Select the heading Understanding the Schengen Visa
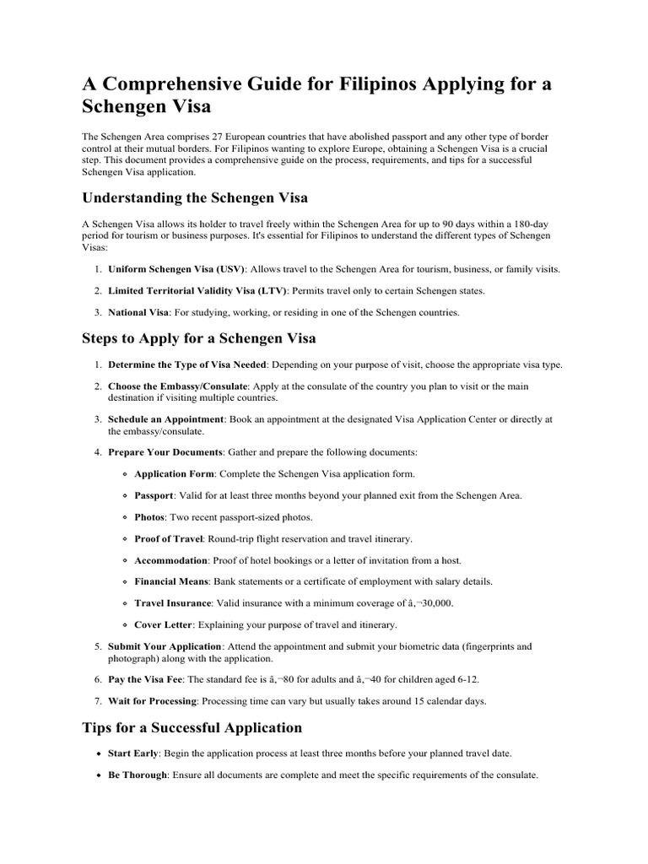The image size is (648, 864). coord(195,197)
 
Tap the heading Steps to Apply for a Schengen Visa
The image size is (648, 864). coord(199,338)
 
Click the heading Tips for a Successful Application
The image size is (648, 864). coord(192,726)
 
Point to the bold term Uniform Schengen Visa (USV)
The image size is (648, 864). coord(176,269)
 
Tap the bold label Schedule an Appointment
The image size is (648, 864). coord(166,418)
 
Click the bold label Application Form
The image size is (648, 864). coord(175,473)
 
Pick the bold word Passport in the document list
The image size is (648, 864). coord(154,495)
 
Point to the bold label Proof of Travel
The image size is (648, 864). coord(167,539)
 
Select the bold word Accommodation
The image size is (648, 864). coord(170,560)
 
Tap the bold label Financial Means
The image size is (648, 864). coord(171,582)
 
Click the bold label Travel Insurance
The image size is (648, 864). coord(172,604)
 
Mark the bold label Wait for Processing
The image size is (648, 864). coord(152,700)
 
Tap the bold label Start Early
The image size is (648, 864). coord(133,753)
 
